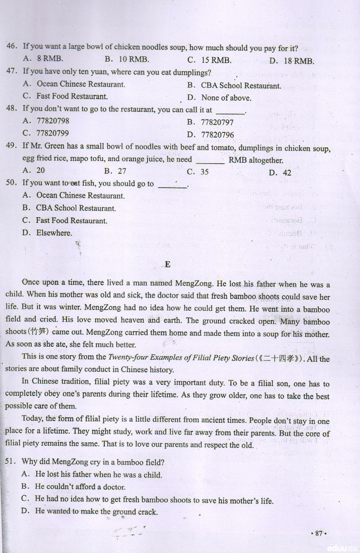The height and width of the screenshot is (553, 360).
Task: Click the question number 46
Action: (x=11, y=46)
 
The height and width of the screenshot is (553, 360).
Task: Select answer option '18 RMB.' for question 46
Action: (x=299, y=61)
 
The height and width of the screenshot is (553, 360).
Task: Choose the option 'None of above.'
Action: (x=226, y=98)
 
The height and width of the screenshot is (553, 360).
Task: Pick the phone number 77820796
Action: (x=217, y=135)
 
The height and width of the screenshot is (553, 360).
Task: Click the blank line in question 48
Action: (x=230, y=111)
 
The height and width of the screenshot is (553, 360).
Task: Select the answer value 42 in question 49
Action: (x=287, y=173)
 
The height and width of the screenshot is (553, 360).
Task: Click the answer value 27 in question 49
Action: (x=122, y=171)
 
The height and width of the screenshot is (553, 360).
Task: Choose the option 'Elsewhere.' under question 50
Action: (x=54, y=233)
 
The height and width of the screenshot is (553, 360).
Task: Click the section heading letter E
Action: (x=167, y=264)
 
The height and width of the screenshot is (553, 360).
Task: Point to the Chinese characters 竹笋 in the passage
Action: (x=38, y=332)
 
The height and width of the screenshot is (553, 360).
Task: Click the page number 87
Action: (x=319, y=533)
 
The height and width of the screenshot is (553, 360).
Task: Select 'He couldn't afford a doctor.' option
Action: (x=80, y=487)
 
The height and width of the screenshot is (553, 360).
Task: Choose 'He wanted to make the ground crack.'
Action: (x=96, y=511)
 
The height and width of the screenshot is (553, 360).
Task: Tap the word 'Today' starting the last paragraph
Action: (x=32, y=418)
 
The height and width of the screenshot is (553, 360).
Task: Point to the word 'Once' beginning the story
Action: (x=30, y=282)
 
